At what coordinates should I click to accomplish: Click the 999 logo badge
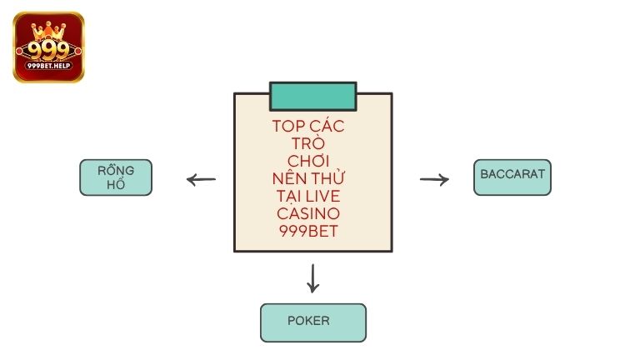[48, 47]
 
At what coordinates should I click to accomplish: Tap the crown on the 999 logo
[48, 28]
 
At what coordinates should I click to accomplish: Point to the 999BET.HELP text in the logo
[48, 65]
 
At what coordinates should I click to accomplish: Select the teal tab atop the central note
[312, 96]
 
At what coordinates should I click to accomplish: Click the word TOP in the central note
[289, 127]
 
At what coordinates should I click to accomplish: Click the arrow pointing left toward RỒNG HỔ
[201, 179]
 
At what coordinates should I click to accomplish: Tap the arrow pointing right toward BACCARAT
[434, 179]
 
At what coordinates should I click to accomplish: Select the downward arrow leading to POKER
[312, 278]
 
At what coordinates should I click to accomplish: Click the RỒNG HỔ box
[116, 177]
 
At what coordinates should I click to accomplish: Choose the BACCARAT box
[512, 177]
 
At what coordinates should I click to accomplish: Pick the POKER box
[312, 322]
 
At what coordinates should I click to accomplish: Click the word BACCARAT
[512, 175]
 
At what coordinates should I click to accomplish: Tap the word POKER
[308, 321]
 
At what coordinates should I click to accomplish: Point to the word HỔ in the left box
[116, 185]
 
